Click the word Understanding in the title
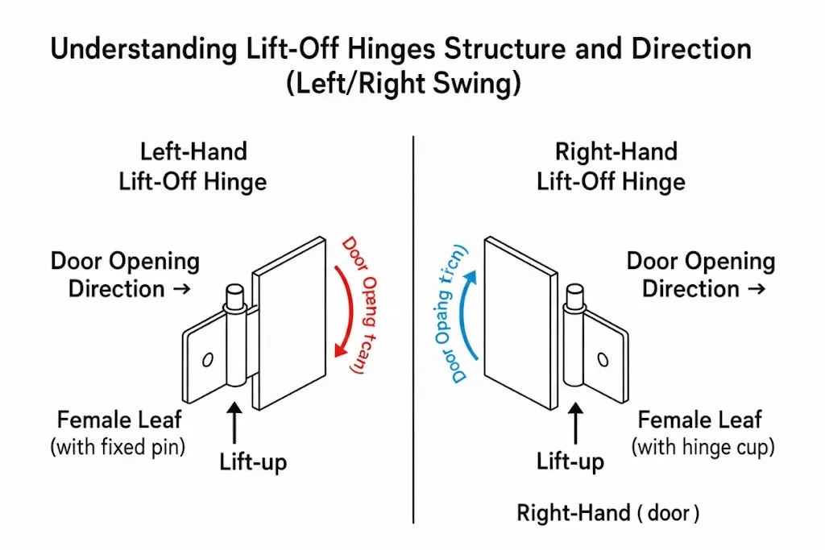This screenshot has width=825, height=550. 127,49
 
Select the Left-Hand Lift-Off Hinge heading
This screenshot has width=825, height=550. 193,166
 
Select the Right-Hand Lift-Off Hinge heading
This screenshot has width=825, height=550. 611,166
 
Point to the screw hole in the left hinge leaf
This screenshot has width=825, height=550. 207,359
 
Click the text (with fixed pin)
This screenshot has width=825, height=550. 118,447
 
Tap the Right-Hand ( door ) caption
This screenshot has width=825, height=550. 608,513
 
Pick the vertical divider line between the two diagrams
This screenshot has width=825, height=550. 413,322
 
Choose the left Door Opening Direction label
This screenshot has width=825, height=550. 125,275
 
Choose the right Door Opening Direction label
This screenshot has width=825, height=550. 699,275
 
